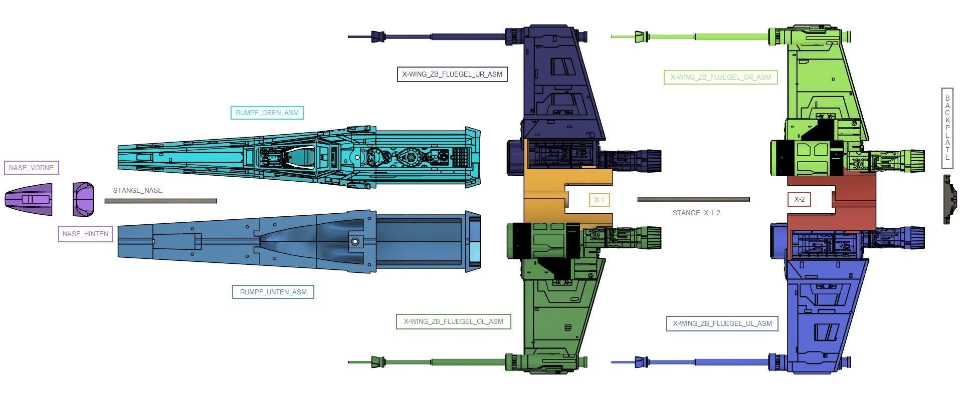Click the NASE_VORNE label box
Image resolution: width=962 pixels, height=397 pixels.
31,168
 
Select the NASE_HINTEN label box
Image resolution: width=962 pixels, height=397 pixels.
85,234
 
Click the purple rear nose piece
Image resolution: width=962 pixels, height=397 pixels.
83,199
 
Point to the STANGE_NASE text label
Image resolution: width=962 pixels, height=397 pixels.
137,190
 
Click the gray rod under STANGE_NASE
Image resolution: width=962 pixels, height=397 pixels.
160,201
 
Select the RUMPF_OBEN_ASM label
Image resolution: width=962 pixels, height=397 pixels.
267,113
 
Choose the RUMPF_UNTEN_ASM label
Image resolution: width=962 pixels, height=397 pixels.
273,292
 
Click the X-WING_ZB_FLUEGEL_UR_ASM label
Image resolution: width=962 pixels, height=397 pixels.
452,74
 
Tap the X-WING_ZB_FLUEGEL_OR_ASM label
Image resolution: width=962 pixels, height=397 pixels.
720,77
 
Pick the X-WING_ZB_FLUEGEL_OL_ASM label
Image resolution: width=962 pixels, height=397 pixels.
453,321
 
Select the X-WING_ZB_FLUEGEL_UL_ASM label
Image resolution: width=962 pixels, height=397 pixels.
722,323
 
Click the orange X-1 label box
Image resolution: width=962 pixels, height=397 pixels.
599,200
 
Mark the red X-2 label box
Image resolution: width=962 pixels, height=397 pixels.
799,199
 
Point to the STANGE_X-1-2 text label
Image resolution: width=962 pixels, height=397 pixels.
696,213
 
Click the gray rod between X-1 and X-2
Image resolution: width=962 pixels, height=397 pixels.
693,199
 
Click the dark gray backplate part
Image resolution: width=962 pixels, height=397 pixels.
948,199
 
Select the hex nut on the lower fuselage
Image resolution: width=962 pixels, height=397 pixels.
355,242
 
